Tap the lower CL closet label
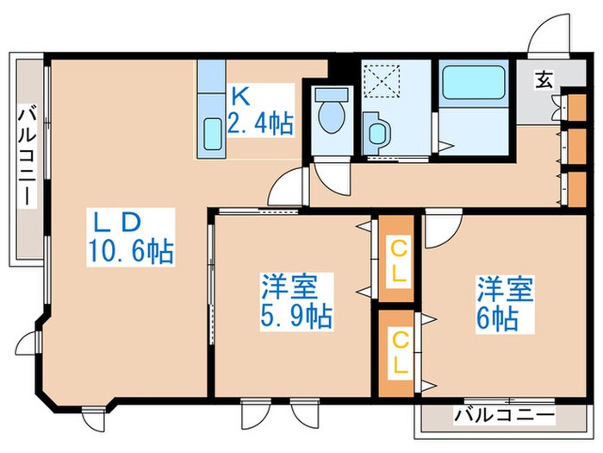pos(398,352)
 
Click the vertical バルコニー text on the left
pos(27,154)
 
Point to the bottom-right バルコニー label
pos(504,416)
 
